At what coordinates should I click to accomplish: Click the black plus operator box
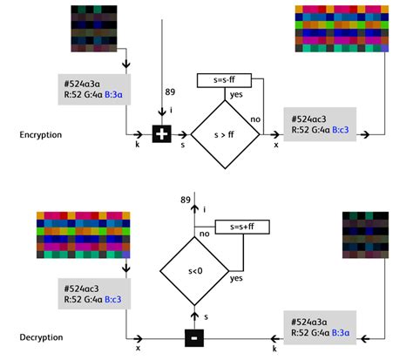point(161,134)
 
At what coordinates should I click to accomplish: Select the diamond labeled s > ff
point(225,133)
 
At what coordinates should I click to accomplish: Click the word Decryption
point(41,337)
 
